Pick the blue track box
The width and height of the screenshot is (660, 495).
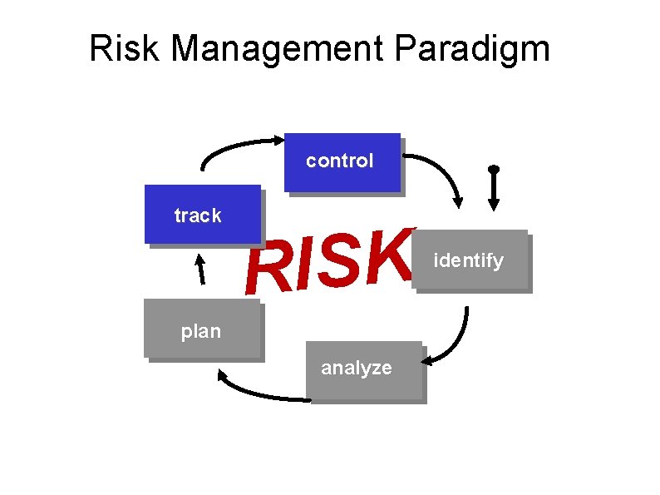(x=202, y=214)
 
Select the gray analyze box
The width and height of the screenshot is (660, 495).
(x=363, y=370)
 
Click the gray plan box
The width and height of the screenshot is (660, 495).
(x=202, y=330)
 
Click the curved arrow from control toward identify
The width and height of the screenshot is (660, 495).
(x=441, y=171)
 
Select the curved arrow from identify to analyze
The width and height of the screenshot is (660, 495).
(x=456, y=341)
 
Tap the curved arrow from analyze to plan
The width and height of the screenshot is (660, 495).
(x=258, y=391)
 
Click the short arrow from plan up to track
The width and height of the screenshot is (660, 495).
(x=199, y=270)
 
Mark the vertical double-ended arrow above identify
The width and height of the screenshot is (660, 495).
(x=493, y=188)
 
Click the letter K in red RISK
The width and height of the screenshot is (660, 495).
(x=387, y=250)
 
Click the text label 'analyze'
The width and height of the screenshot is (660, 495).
(x=356, y=368)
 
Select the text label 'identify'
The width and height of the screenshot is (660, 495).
(x=468, y=260)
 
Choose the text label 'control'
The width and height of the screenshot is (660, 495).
(x=339, y=161)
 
